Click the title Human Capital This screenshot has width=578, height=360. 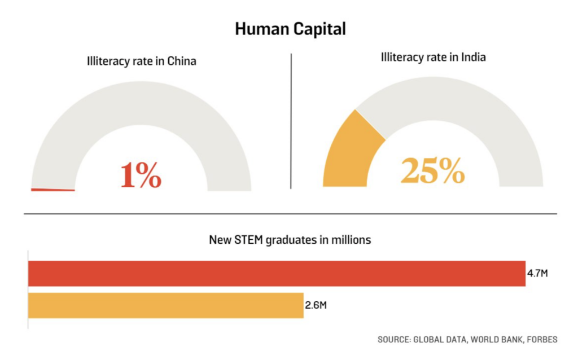pos(290,29)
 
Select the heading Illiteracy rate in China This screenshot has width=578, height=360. pos(141,61)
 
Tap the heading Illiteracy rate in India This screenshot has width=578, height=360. pos(433,57)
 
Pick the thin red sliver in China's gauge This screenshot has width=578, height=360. pos(52,190)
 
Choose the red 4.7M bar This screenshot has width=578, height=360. pos(277,274)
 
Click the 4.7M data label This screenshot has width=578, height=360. pos(537,274)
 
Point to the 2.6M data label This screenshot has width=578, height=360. pos(316,305)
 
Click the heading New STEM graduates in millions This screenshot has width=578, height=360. pos(290,240)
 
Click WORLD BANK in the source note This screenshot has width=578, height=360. pos(492,340)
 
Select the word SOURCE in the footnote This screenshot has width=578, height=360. pos(393,340)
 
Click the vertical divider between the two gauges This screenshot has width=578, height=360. pos(291,121)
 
